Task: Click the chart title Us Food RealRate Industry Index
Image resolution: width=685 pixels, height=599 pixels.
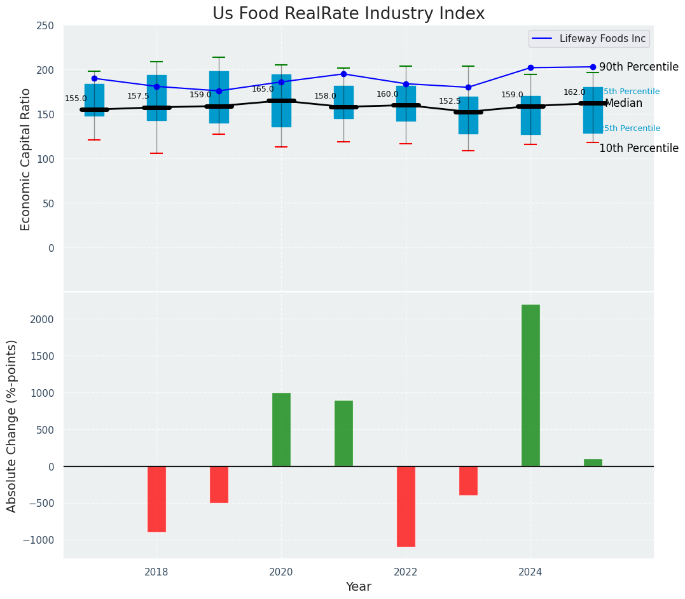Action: (349, 14)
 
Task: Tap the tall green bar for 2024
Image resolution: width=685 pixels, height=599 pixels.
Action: (530, 385)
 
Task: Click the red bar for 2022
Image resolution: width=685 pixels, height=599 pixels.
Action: (406, 506)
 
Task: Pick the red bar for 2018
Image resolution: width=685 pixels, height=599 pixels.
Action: (156, 499)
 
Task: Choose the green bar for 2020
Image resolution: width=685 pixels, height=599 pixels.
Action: (281, 430)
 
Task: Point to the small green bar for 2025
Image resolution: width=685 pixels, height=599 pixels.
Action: (593, 463)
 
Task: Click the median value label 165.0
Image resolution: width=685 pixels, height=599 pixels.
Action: (263, 90)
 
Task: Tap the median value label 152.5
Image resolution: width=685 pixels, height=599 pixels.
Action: (450, 102)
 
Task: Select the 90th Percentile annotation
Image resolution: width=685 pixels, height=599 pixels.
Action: (639, 67)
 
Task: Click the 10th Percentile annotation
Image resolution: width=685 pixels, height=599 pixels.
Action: (639, 149)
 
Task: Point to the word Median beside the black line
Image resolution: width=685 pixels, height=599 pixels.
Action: (623, 104)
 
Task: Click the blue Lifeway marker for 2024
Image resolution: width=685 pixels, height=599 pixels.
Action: (530, 68)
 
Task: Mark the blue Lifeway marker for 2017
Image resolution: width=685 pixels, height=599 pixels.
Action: (94, 79)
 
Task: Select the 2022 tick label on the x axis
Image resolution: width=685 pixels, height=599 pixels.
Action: (406, 572)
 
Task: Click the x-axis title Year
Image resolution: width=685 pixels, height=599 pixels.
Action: (358, 587)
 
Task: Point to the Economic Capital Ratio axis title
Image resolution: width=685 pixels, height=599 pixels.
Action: (26, 159)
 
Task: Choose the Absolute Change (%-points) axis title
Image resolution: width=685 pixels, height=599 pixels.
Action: (12, 425)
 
